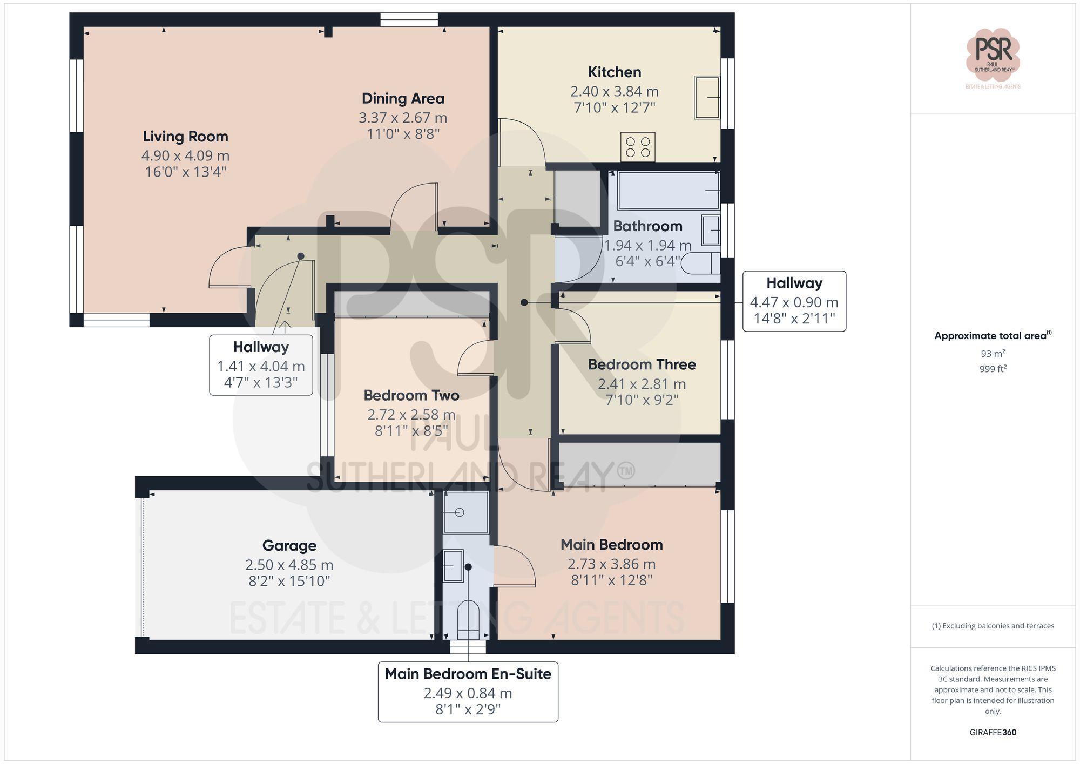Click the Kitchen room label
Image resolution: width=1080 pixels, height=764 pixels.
(x=615, y=72)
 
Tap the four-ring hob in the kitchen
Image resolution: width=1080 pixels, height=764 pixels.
(x=638, y=147)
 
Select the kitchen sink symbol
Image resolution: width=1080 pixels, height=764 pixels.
(x=707, y=97)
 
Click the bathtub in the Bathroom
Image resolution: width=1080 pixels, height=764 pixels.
(x=668, y=191)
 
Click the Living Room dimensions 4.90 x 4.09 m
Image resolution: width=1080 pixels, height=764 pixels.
(x=185, y=156)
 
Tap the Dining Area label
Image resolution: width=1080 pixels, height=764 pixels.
(x=403, y=99)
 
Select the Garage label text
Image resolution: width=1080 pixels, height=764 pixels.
(x=289, y=546)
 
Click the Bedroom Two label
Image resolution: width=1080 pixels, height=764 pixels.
(x=411, y=396)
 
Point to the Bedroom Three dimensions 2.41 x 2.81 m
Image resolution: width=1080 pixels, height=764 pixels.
(x=642, y=384)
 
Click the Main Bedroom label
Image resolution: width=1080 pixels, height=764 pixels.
(x=611, y=545)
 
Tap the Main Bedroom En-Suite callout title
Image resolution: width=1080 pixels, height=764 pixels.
(x=468, y=674)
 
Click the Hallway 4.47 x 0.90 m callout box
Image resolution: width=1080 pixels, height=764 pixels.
(x=794, y=301)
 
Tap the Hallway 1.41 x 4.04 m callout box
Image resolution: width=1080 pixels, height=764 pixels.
(x=261, y=365)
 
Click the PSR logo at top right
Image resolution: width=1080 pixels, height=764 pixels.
(x=993, y=54)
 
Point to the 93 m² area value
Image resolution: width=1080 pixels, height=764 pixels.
(x=993, y=354)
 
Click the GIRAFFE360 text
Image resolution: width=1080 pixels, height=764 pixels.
(x=993, y=733)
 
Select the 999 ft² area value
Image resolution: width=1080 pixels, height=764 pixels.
(x=993, y=369)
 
